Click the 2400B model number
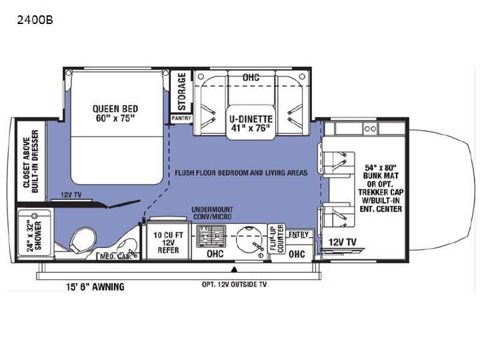coord(35,20)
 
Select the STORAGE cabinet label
coord(182,91)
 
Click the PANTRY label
coord(181,118)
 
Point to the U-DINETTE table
coord(251,122)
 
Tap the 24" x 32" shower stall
coord(34,233)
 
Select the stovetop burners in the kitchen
coord(211,235)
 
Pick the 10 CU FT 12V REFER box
coord(168,242)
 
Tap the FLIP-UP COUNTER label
coord(277,239)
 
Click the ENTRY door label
coord(299,235)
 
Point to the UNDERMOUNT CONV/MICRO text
coord(212,213)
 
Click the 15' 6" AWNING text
coord(95,287)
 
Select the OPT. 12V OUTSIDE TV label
coord(234,285)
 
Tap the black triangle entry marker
coord(234,269)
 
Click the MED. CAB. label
coord(115,256)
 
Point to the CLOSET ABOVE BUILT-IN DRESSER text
coord(31,161)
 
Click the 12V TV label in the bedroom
coord(71,195)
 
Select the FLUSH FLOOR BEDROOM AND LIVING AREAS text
coord(241,173)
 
